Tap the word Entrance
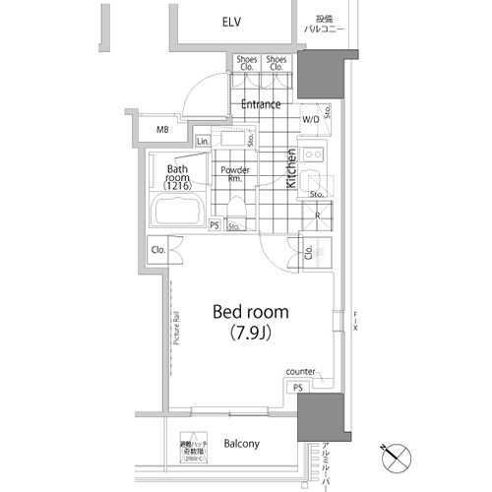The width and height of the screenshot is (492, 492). (261, 104)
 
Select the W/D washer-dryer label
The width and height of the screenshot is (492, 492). (310, 119)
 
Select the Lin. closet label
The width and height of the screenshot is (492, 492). (203, 143)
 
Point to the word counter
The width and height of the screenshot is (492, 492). (300, 371)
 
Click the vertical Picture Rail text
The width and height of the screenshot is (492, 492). (176, 329)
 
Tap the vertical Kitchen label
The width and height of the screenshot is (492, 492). (291, 168)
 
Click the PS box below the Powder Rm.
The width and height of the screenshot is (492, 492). (215, 225)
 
